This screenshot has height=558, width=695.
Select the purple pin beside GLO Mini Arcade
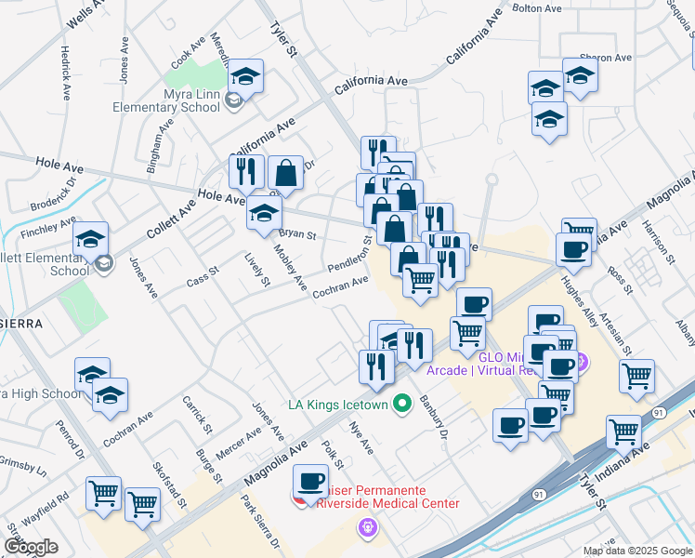click(582, 363)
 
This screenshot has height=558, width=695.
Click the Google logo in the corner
click(31, 547)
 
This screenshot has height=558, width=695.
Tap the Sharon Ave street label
click(605, 58)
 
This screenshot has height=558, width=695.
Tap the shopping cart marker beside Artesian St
click(637, 377)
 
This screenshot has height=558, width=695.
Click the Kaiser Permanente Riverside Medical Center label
click(386, 497)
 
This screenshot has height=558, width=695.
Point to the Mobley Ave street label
click(289, 267)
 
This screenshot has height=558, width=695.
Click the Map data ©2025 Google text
click(637, 551)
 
